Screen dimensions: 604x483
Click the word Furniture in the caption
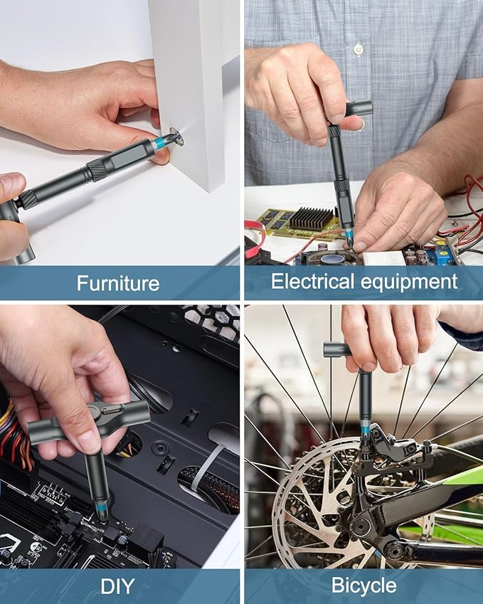[x=118, y=283]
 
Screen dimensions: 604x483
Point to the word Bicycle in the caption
[x=363, y=586]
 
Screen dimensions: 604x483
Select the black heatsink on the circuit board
[x=312, y=218]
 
